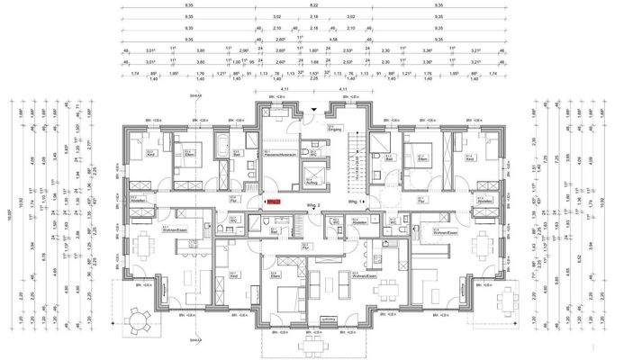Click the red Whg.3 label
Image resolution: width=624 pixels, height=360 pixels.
[x=275, y=202]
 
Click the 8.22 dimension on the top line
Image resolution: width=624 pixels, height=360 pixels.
[x=312, y=5]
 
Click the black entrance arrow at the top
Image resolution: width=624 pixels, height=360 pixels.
[x=312, y=109]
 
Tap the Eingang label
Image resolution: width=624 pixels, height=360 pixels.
[x=335, y=128]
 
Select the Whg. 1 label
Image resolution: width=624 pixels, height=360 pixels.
[x=357, y=203]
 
